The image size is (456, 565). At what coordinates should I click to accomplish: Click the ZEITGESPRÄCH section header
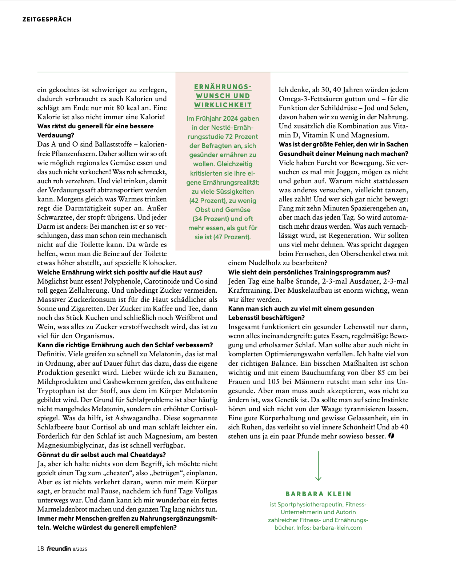click(x=47, y=19)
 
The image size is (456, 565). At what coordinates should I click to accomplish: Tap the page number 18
click(x=40, y=549)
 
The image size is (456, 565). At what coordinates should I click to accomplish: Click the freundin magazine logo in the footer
click(x=59, y=549)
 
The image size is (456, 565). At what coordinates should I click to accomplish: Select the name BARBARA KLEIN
click(x=318, y=494)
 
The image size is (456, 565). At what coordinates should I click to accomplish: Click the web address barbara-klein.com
click(x=337, y=528)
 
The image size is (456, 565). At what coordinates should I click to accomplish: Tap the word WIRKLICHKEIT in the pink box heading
click(x=223, y=105)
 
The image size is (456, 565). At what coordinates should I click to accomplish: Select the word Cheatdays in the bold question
click(x=147, y=454)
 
